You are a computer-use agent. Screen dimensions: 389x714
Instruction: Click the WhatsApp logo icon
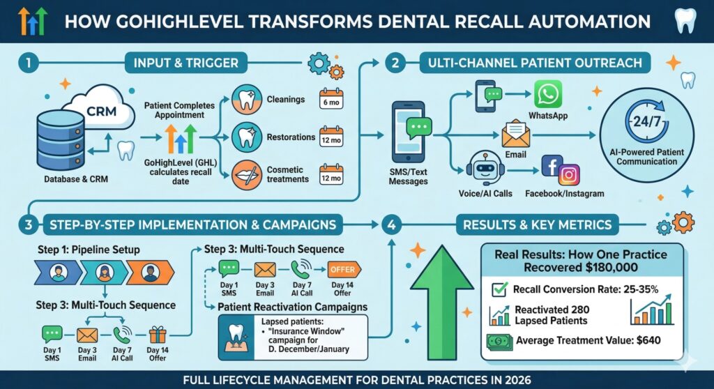pyautogui.click(x=547, y=94)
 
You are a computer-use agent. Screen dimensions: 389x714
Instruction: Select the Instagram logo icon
pyautogui.click(x=569, y=174)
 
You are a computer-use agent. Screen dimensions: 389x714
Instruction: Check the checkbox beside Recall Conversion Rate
pyautogui.click(x=499, y=289)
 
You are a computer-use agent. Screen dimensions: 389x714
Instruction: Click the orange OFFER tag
pyautogui.click(x=342, y=269)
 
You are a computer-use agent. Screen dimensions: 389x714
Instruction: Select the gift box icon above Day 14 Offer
pyautogui.click(x=158, y=336)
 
